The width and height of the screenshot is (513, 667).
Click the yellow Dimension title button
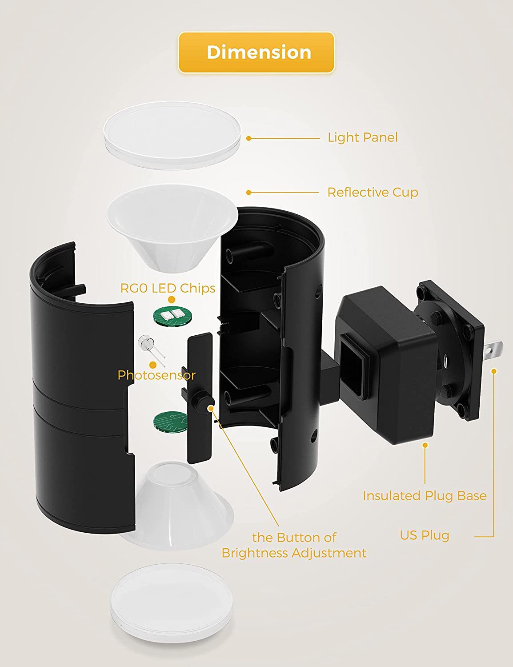pyautogui.click(x=256, y=52)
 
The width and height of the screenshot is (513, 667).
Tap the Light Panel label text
pyautogui.click(x=362, y=137)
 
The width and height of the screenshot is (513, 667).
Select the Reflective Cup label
pyautogui.click(x=373, y=193)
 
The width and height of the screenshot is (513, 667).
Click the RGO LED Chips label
pyautogui.click(x=168, y=288)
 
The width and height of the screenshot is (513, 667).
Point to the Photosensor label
pyautogui.click(x=156, y=375)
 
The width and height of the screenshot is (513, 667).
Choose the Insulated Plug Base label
pyautogui.click(x=424, y=496)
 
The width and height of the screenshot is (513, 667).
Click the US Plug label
pyautogui.click(x=424, y=535)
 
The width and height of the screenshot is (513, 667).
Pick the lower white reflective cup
pyautogui.click(x=176, y=502)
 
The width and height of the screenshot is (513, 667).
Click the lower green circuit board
pyautogui.click(x=171, y=421)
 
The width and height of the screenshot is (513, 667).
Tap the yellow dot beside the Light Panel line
pyautogui.click(x=249, y=138)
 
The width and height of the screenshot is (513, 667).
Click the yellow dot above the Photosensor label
pyautogui.click(x=153, y=365)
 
